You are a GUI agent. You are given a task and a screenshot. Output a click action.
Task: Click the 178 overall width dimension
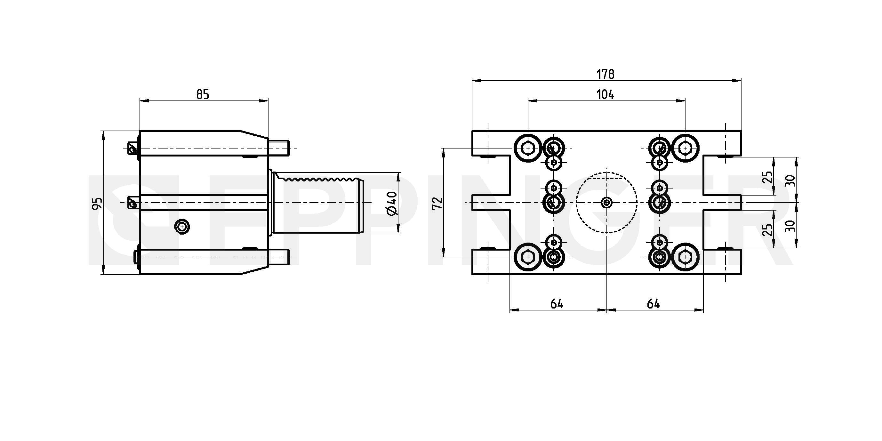coord(605,74)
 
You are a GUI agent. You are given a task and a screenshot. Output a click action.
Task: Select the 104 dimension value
coord(605,94)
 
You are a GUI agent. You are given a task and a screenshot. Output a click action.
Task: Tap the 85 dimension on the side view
coord(203,94)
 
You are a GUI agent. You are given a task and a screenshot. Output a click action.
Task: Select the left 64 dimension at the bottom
coord(557,304)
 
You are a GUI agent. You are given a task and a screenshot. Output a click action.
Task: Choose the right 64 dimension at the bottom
coord(653,304)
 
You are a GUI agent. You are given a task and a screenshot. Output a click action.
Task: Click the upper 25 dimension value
coord(768,177)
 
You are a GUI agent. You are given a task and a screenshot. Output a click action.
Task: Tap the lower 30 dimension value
coord(790,226)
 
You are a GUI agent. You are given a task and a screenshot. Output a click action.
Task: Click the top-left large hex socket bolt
coord(528,148)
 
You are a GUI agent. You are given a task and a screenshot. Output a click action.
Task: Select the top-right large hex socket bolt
coord(685,148)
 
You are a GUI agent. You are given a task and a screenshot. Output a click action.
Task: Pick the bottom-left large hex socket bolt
coord(528,257)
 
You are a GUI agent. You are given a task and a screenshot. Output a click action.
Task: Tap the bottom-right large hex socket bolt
coord(685,257)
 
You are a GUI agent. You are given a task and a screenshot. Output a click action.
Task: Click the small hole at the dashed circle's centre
coord(607,203)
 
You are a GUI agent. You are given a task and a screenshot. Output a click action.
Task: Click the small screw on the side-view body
coord(182,227)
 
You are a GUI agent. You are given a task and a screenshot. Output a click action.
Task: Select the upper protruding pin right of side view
coord(279,148)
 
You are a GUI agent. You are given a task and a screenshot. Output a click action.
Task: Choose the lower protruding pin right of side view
coord(279,257)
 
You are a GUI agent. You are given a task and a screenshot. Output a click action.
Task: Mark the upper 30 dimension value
coord(790,180)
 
